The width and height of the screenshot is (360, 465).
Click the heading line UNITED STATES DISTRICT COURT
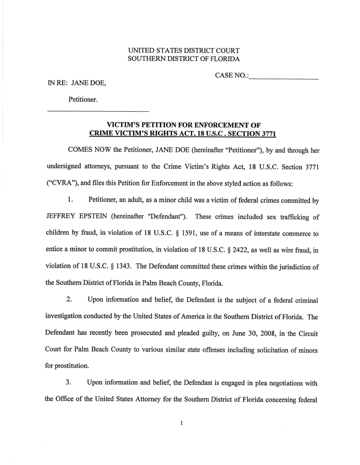click(183, 50)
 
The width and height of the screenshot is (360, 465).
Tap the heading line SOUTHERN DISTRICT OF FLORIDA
click(183, 59)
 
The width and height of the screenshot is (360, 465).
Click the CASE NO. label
click(231, 76)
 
